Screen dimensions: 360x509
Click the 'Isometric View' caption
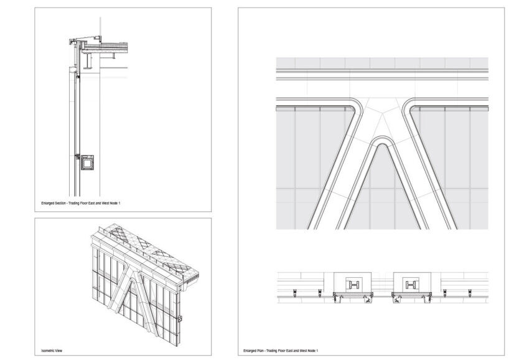coord(52,351)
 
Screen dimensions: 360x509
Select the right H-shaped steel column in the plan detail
coord(411,285)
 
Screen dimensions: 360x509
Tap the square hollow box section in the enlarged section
coord(87,163)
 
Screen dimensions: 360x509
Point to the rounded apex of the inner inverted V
coord(382,142)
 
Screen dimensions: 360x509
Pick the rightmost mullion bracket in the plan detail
coord(474,292)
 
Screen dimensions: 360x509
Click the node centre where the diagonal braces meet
coord(382,118)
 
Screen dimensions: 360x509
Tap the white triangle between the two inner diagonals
coord(382,193)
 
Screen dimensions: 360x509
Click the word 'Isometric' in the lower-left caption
coord(47,351)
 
